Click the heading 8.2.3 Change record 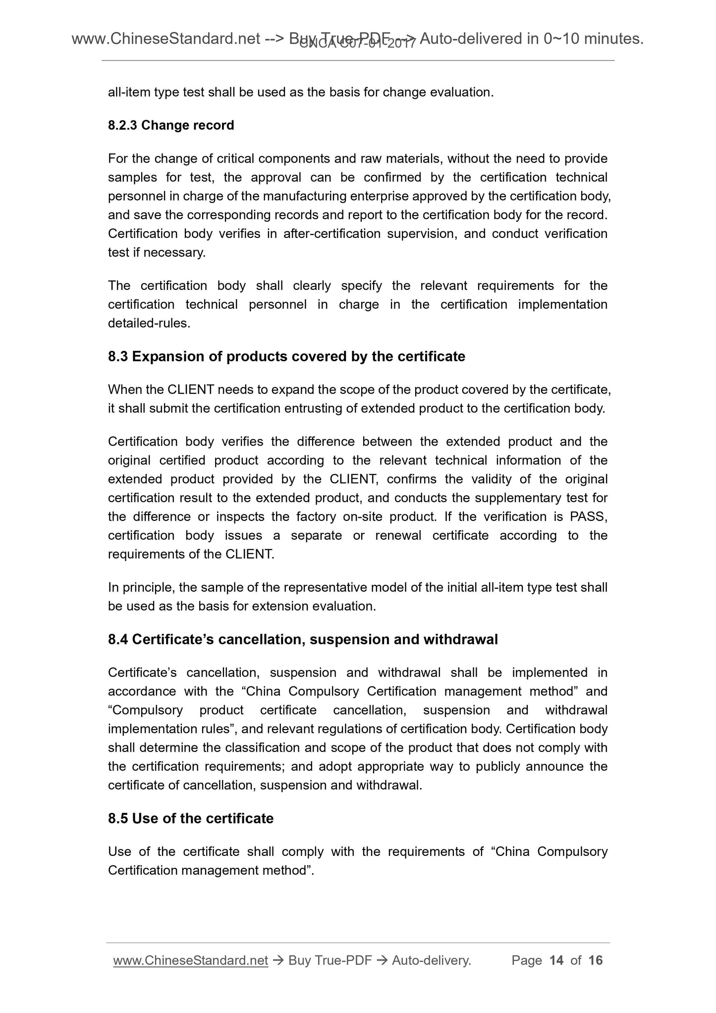[x=171, y=125]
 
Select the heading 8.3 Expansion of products [x=286, y=356]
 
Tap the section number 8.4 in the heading [x=118, y=639]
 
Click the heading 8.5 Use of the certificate [x=190, y=818]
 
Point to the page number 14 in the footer [x=556, y=960]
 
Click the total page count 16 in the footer [x=595, y=960]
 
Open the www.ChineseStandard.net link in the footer [x=190, y=960]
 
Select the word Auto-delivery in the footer [x=430, y=960]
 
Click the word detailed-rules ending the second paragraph [x=148, y=324]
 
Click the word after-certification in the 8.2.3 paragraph [x=331, y=234]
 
